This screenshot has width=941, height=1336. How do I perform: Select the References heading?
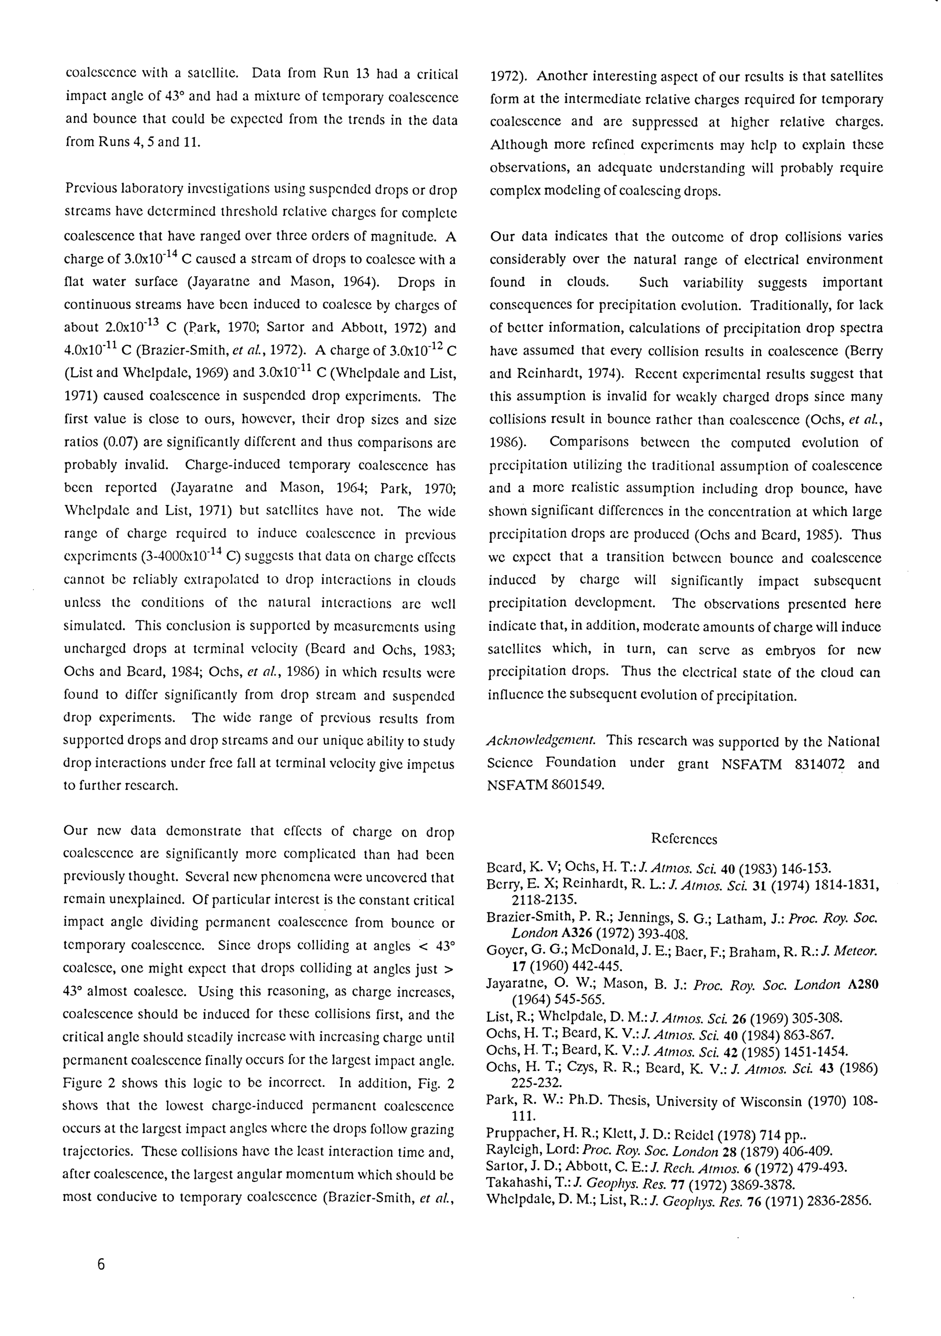[684, 839]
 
